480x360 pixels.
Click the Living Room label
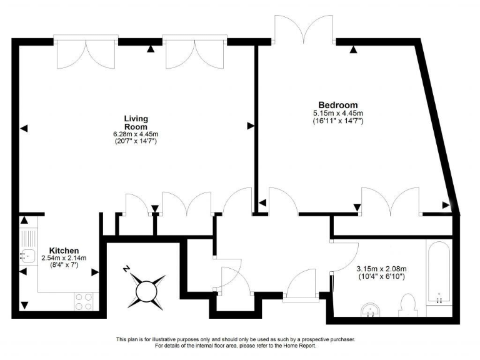(x=135, y=122)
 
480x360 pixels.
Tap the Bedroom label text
(x=337, y=105)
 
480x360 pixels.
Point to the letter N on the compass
(x=127, y=269)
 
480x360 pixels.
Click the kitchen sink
(x=27, y=255)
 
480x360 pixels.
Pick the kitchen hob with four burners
(x=84, y=301)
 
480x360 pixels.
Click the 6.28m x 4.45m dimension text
(x=135, y=134)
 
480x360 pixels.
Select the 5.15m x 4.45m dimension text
(x=337, y=113)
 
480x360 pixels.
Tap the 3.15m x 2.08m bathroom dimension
(x=382, y=269)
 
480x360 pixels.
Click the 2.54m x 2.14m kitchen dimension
(x=64, y=257)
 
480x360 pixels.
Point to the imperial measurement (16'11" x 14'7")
(x=337, y=121)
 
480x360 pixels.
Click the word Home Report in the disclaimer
(x=302, y=346)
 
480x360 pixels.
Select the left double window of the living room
(x=85, y=54)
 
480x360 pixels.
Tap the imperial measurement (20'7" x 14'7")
(x=135, y=142)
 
